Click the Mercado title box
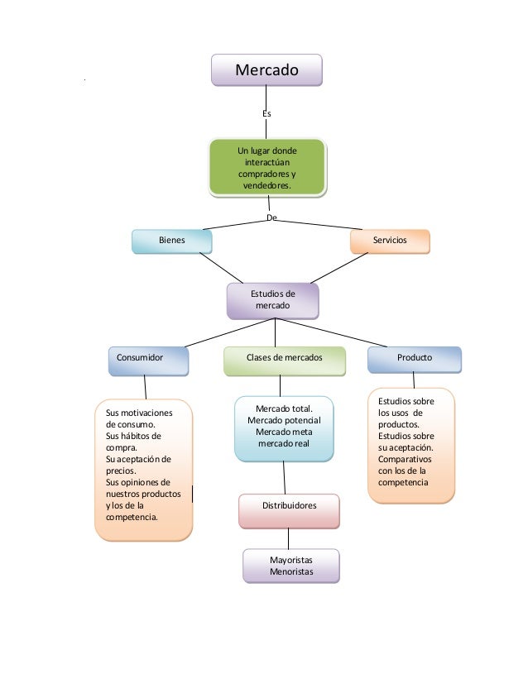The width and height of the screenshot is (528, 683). pos(266,70)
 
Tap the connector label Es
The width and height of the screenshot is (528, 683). pos(266,112)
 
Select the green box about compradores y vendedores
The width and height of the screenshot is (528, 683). pos(266,169)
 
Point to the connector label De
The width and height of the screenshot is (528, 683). pos(271,217)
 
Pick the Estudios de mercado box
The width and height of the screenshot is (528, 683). pos(273,300)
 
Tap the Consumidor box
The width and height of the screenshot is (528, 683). pos(147,358)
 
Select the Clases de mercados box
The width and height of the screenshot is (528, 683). pos(284,358)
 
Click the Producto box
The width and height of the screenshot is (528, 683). pos(415,358)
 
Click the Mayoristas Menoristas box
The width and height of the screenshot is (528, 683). pos(291,566)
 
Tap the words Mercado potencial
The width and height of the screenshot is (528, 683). pos(284,421)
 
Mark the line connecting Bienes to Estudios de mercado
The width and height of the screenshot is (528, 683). pos(223,268)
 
